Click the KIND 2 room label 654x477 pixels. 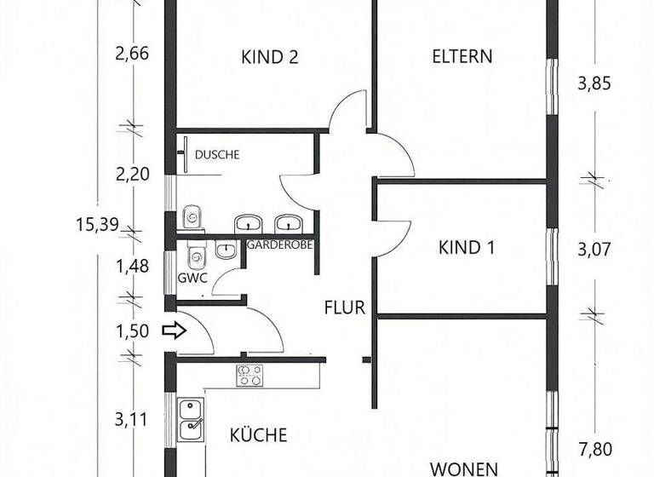tap(269, 58)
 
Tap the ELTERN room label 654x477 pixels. tap(462, 57)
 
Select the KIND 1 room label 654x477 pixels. tap(467, 248)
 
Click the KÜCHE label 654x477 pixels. tap(259, 435)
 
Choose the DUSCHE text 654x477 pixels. tap(218, 155)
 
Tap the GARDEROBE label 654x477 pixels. tap(280, 244)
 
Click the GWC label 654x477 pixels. tap(192, 278)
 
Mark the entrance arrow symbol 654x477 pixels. tap(174, 330)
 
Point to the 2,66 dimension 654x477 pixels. tap(132, 55)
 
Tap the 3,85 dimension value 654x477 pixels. tap(594, 84)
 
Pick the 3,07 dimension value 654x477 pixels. tap(594, 250)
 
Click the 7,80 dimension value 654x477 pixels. tap(594, 449)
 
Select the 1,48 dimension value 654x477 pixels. tap(132, 266)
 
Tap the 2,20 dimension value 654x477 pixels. tap(132, 174)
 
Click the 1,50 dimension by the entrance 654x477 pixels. tap(132, 330)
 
